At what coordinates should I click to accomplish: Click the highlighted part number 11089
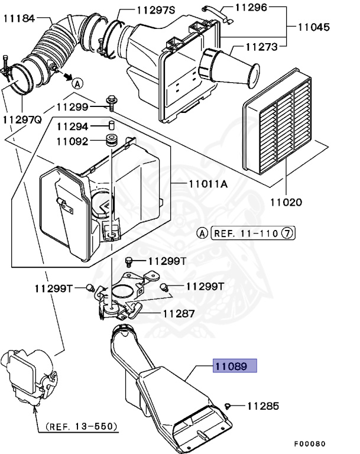[x=235, y=367]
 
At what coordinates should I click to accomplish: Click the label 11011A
[x=208, y=184]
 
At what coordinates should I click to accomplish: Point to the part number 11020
[x=287, y=203]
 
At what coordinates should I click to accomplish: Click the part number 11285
[x=262, y=406]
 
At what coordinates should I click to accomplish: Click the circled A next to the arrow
[x=78, y=83]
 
